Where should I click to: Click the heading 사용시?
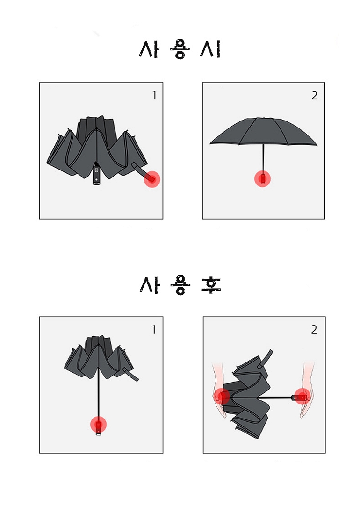180,50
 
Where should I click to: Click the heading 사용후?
180,285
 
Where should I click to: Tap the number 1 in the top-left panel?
154,95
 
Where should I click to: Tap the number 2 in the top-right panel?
314,95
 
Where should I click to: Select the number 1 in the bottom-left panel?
154,329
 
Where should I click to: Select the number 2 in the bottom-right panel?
314,329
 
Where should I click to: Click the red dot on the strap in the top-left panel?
152,179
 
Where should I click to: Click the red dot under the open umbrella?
262,179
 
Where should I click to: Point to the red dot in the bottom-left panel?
99,425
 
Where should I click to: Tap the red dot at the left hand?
222,396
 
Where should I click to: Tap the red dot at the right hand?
302,397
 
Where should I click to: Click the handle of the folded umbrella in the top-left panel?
96,174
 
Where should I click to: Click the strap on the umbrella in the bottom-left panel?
131,374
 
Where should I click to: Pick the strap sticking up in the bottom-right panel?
266,358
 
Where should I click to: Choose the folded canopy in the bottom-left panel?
99,357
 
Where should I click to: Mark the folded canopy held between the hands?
248,397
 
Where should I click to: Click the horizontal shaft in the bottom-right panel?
281,397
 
